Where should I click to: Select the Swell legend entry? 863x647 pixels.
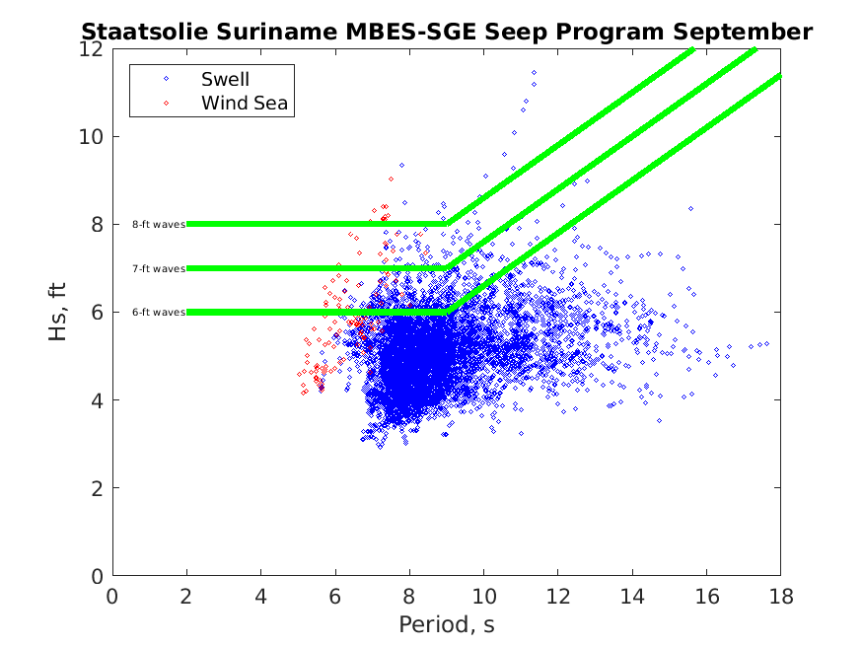[x=226, y=79]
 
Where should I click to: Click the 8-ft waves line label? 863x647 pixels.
[x=159, y=224]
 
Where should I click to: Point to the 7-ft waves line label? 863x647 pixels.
[x=159, y=268]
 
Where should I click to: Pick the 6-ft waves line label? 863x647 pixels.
[x=159, y=312]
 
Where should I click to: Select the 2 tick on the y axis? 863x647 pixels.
[x=98, y=488]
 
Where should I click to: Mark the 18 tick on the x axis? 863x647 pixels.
[x=780, y=596]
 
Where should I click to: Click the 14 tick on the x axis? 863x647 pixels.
[x=632, y=596]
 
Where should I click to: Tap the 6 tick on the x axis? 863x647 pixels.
[x=335, y=596]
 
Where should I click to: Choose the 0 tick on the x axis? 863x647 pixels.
[x=113, y=596]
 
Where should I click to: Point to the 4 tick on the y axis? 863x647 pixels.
[x=98, y=400]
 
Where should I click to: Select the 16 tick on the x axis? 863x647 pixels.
[x=706, y=596]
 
